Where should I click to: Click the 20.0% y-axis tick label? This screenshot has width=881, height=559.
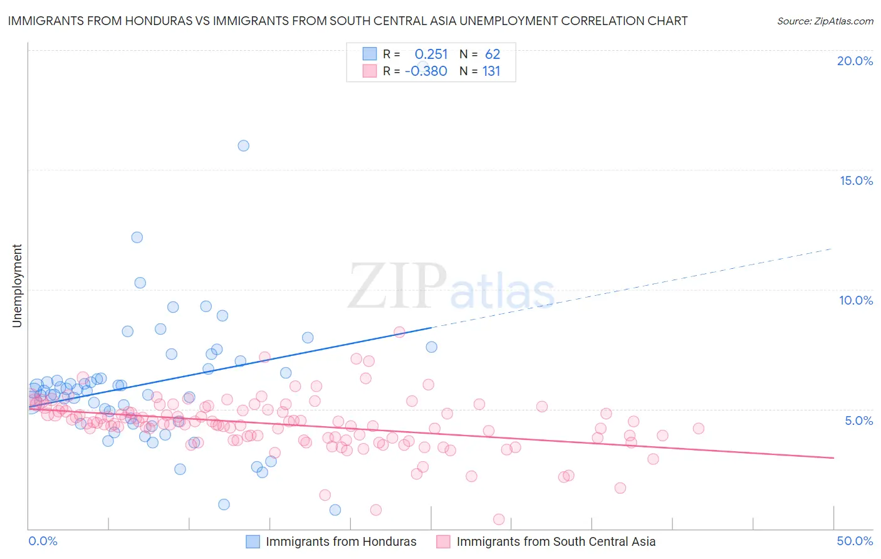click(855, 61)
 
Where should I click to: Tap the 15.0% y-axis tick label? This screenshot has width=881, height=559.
click(856, 180)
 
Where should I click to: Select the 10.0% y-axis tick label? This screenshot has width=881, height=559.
click(856, 300)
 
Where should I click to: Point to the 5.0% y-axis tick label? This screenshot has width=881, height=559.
click(858, 421)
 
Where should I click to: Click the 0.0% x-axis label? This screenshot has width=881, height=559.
click(43, 541)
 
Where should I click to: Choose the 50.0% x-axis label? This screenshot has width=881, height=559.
click(855, 541)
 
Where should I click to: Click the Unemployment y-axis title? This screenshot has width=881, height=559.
click(17, 286)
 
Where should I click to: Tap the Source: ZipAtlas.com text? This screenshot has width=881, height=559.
click(825, 21)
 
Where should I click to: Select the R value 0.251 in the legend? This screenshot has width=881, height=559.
click(431, 55)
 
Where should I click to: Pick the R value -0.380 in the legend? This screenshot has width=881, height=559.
click(426, 71)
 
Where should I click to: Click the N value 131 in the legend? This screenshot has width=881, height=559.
click(491, 71)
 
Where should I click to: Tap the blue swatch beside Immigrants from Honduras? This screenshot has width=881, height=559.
click(253, 541)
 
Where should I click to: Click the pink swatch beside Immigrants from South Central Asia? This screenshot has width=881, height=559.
click(443, 541)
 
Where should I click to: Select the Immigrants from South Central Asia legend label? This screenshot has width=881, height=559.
click(556, 541)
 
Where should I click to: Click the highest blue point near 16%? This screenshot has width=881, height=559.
click(244, 145)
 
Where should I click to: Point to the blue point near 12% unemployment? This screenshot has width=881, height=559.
click(137, 237)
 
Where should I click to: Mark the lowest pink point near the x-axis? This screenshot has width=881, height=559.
click(499, 519)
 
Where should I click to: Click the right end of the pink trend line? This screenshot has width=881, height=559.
click(833, 458)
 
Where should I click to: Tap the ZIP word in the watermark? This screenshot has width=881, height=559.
click(397, 286)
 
